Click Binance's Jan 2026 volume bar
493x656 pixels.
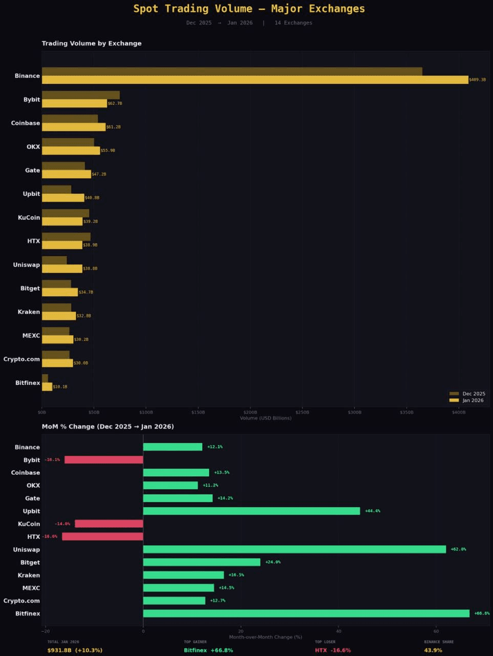[x=255, y=80]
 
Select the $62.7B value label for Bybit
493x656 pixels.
[x=115, y=104]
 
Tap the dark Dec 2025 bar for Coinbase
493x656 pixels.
[x=70, y=119]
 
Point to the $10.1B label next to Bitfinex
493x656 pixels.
[x=60, y=387]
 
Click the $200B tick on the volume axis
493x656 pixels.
[x=250, y=412]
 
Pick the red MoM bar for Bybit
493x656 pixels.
[x=104, y=460]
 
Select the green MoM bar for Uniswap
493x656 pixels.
[x=294, y=549]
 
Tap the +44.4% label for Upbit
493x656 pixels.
[x=373, y=511]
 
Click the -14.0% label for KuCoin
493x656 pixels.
[x=62, y=524]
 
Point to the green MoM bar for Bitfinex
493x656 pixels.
[x=306, y=613]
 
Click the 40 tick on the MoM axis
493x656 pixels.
[x=338, y=631]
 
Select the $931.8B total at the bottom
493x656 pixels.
[x=75, y=650]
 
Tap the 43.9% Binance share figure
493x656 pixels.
[x=433, y=650]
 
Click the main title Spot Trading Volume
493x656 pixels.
[x=249, y=9]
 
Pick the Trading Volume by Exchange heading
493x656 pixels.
[x=92, y=44]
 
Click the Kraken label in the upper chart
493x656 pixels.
[x=29, y=312]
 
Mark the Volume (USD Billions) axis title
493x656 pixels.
[x=266, y=418]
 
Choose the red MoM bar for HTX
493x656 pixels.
[x=102, y=537]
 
